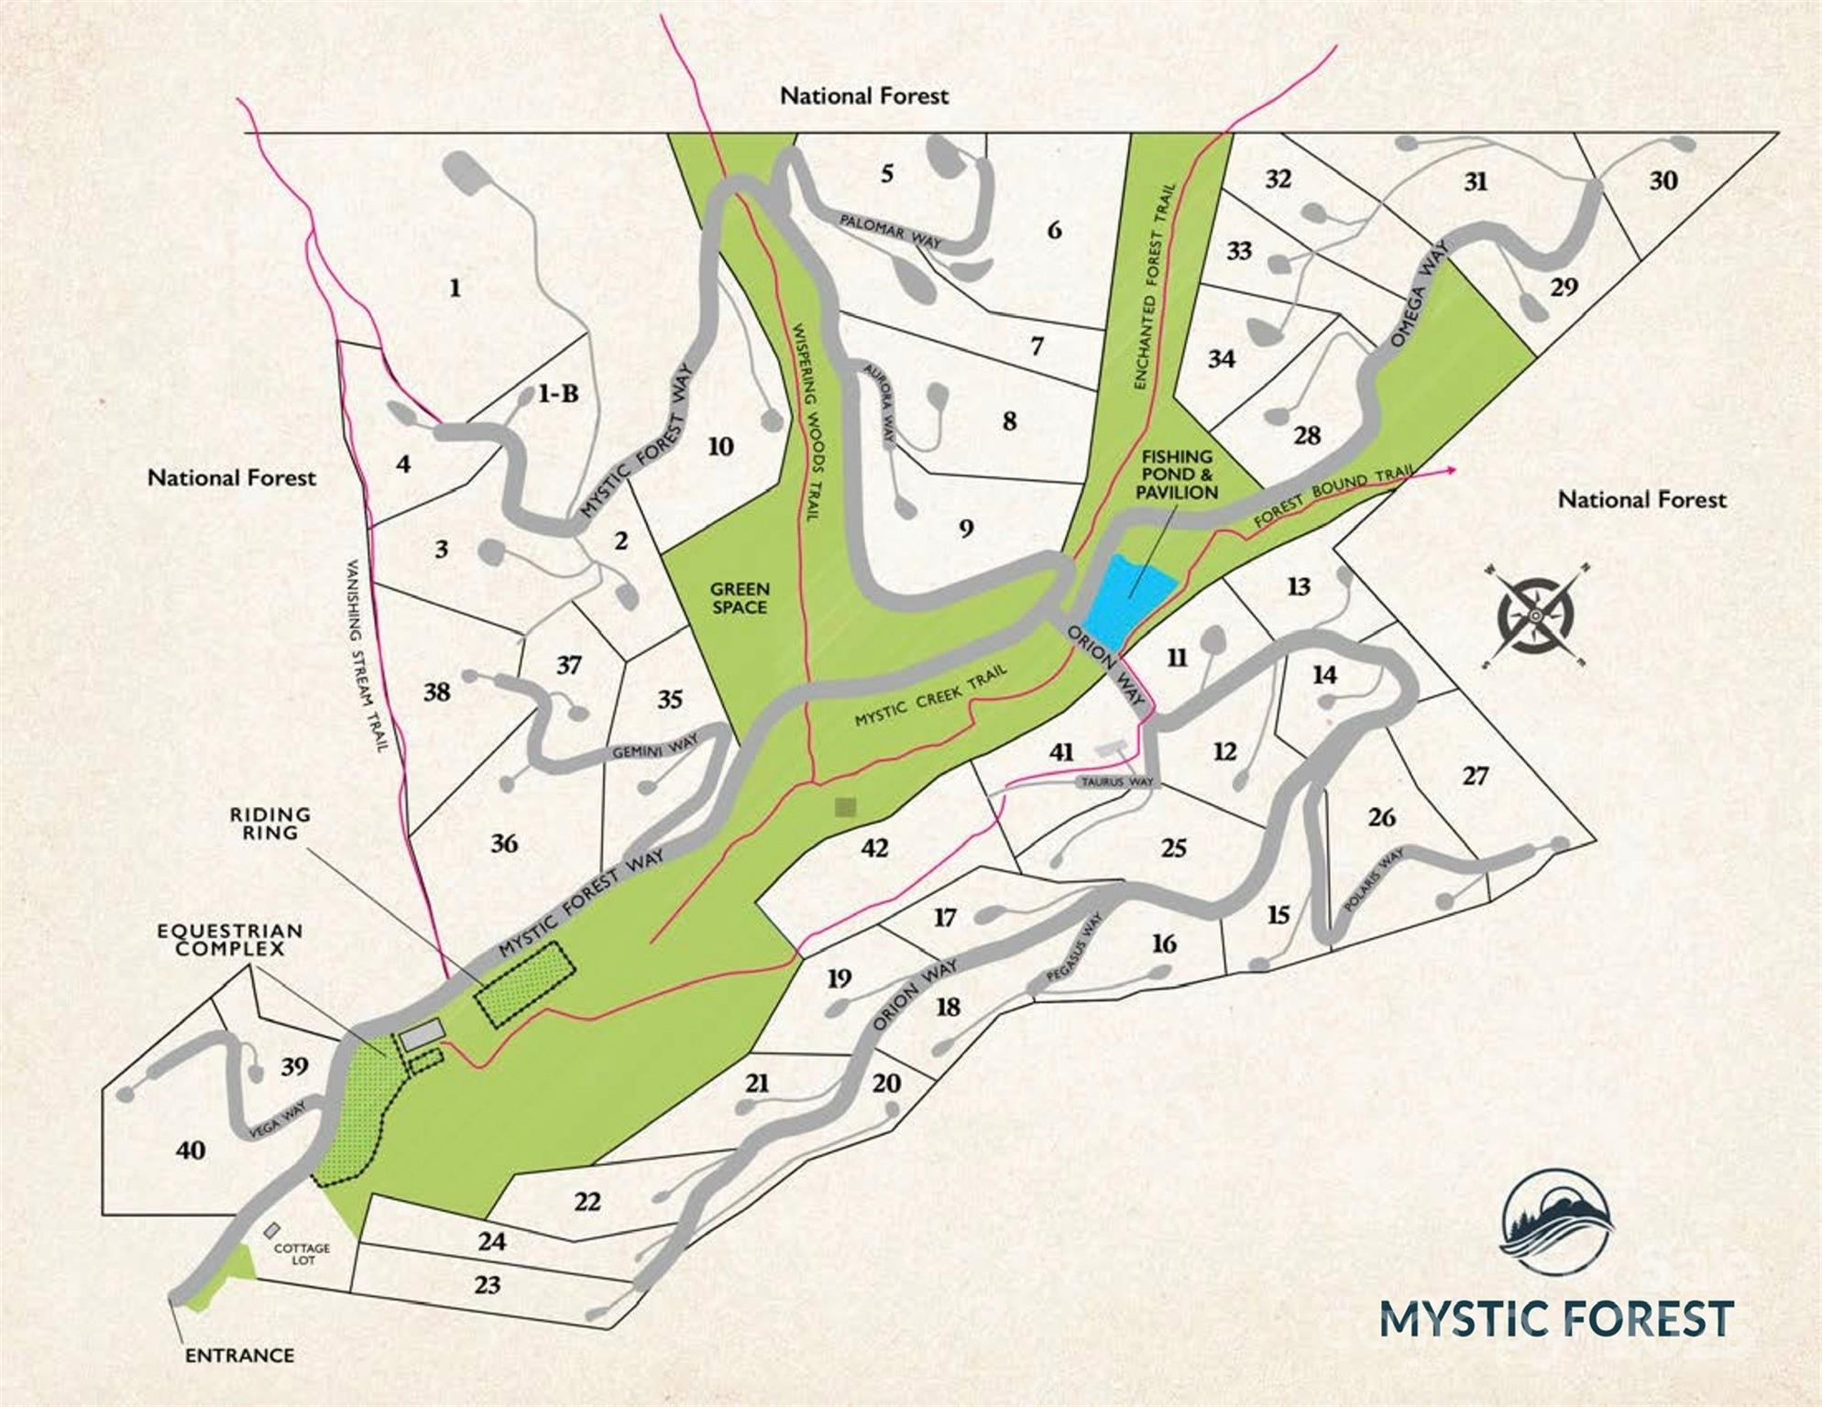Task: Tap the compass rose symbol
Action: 1535,616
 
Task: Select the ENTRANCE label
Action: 239,1355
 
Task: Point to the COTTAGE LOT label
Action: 302,1254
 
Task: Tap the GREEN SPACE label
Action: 740,597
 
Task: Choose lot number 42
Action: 874,847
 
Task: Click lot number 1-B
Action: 557,394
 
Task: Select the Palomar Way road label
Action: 890,232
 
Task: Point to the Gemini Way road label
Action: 655,748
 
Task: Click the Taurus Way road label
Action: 1117,782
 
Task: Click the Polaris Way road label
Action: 1373,880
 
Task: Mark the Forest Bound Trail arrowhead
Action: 1452,470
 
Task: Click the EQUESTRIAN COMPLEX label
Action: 229,940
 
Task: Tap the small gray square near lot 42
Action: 845,807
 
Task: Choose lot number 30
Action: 1663,180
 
